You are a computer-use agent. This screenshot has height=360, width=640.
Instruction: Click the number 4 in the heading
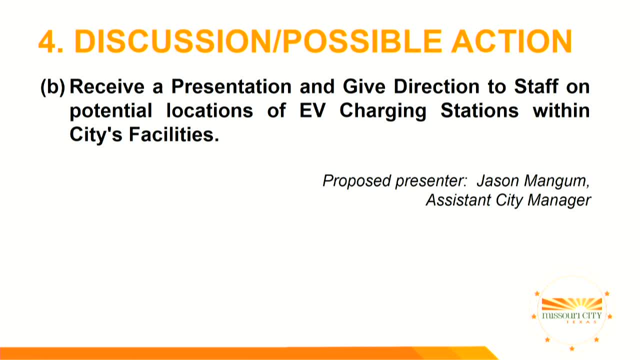point(47,41)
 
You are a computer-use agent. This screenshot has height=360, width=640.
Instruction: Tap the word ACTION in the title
point(511,41)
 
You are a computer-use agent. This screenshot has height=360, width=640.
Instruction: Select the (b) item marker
point(53,87)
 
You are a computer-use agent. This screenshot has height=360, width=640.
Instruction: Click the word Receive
point(107,86)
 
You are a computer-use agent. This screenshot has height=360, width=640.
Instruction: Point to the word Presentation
point(231,86)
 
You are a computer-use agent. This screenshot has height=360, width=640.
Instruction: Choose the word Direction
point(436,86)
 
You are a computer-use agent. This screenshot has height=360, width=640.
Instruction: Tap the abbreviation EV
point(312,110)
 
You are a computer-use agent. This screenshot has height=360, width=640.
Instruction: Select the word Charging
point(383,111)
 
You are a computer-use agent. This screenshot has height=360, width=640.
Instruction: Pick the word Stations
point(479,110)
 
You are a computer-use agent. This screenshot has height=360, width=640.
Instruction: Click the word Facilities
point(174,134)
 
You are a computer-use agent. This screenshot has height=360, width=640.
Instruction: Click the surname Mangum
point(557,181)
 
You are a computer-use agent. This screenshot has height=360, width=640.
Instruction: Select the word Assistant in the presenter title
point(458,200)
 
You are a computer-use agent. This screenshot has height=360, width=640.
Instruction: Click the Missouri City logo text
point(571,315)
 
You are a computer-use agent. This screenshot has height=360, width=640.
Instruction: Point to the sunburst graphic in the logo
point(572,304)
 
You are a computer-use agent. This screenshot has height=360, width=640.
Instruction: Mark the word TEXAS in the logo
point(581,322)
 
